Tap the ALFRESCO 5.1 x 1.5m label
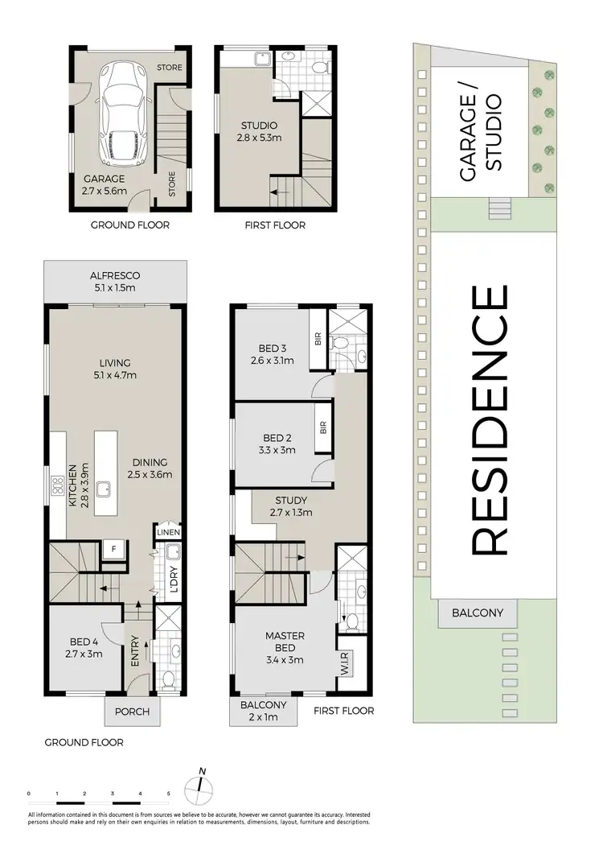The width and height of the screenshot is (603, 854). pos(116,282)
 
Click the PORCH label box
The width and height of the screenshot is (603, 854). pos(132,712)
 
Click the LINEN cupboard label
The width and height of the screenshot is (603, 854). pos(168,533)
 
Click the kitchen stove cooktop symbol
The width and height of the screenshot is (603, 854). pos(58,485)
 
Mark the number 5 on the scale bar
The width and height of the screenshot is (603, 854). pos(169,794)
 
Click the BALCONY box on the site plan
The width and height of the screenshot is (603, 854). pos(477,613)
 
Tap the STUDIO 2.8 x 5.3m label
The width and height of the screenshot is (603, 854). pos(260,132)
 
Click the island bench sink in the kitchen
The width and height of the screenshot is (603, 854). pos(105,487)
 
